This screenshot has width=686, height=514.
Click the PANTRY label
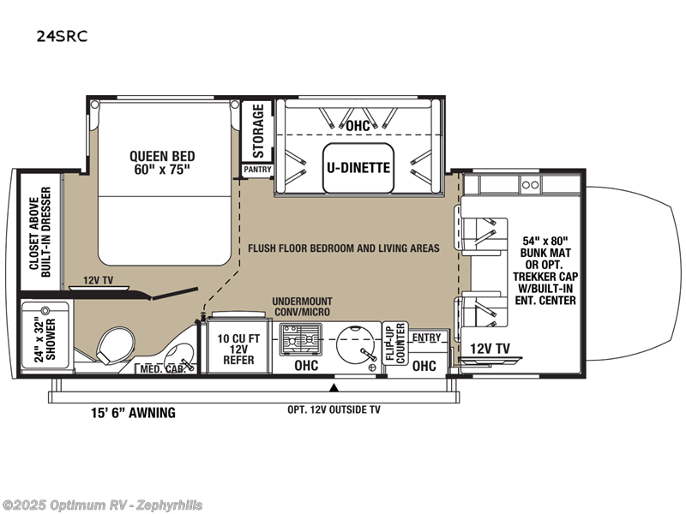257,170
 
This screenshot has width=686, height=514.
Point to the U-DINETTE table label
357,167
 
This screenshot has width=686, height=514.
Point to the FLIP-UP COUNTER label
393,343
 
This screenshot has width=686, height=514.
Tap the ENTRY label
426,338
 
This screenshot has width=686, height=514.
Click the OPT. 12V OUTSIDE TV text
334,409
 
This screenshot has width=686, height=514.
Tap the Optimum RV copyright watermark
103,505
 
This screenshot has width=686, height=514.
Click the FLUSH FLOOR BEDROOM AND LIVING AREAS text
344,248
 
